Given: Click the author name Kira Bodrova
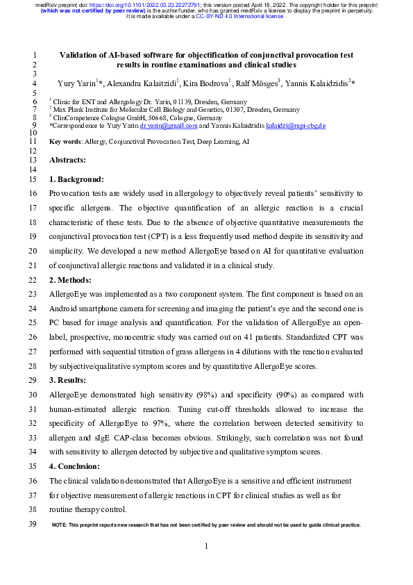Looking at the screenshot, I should [x=210, y=83].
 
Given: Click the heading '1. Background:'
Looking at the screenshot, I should [x=76, y=179].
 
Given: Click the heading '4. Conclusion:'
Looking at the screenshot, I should [x=76, y=466].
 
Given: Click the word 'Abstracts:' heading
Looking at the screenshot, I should [x=67, y=160].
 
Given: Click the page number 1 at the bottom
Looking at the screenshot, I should [x=206, y=547].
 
